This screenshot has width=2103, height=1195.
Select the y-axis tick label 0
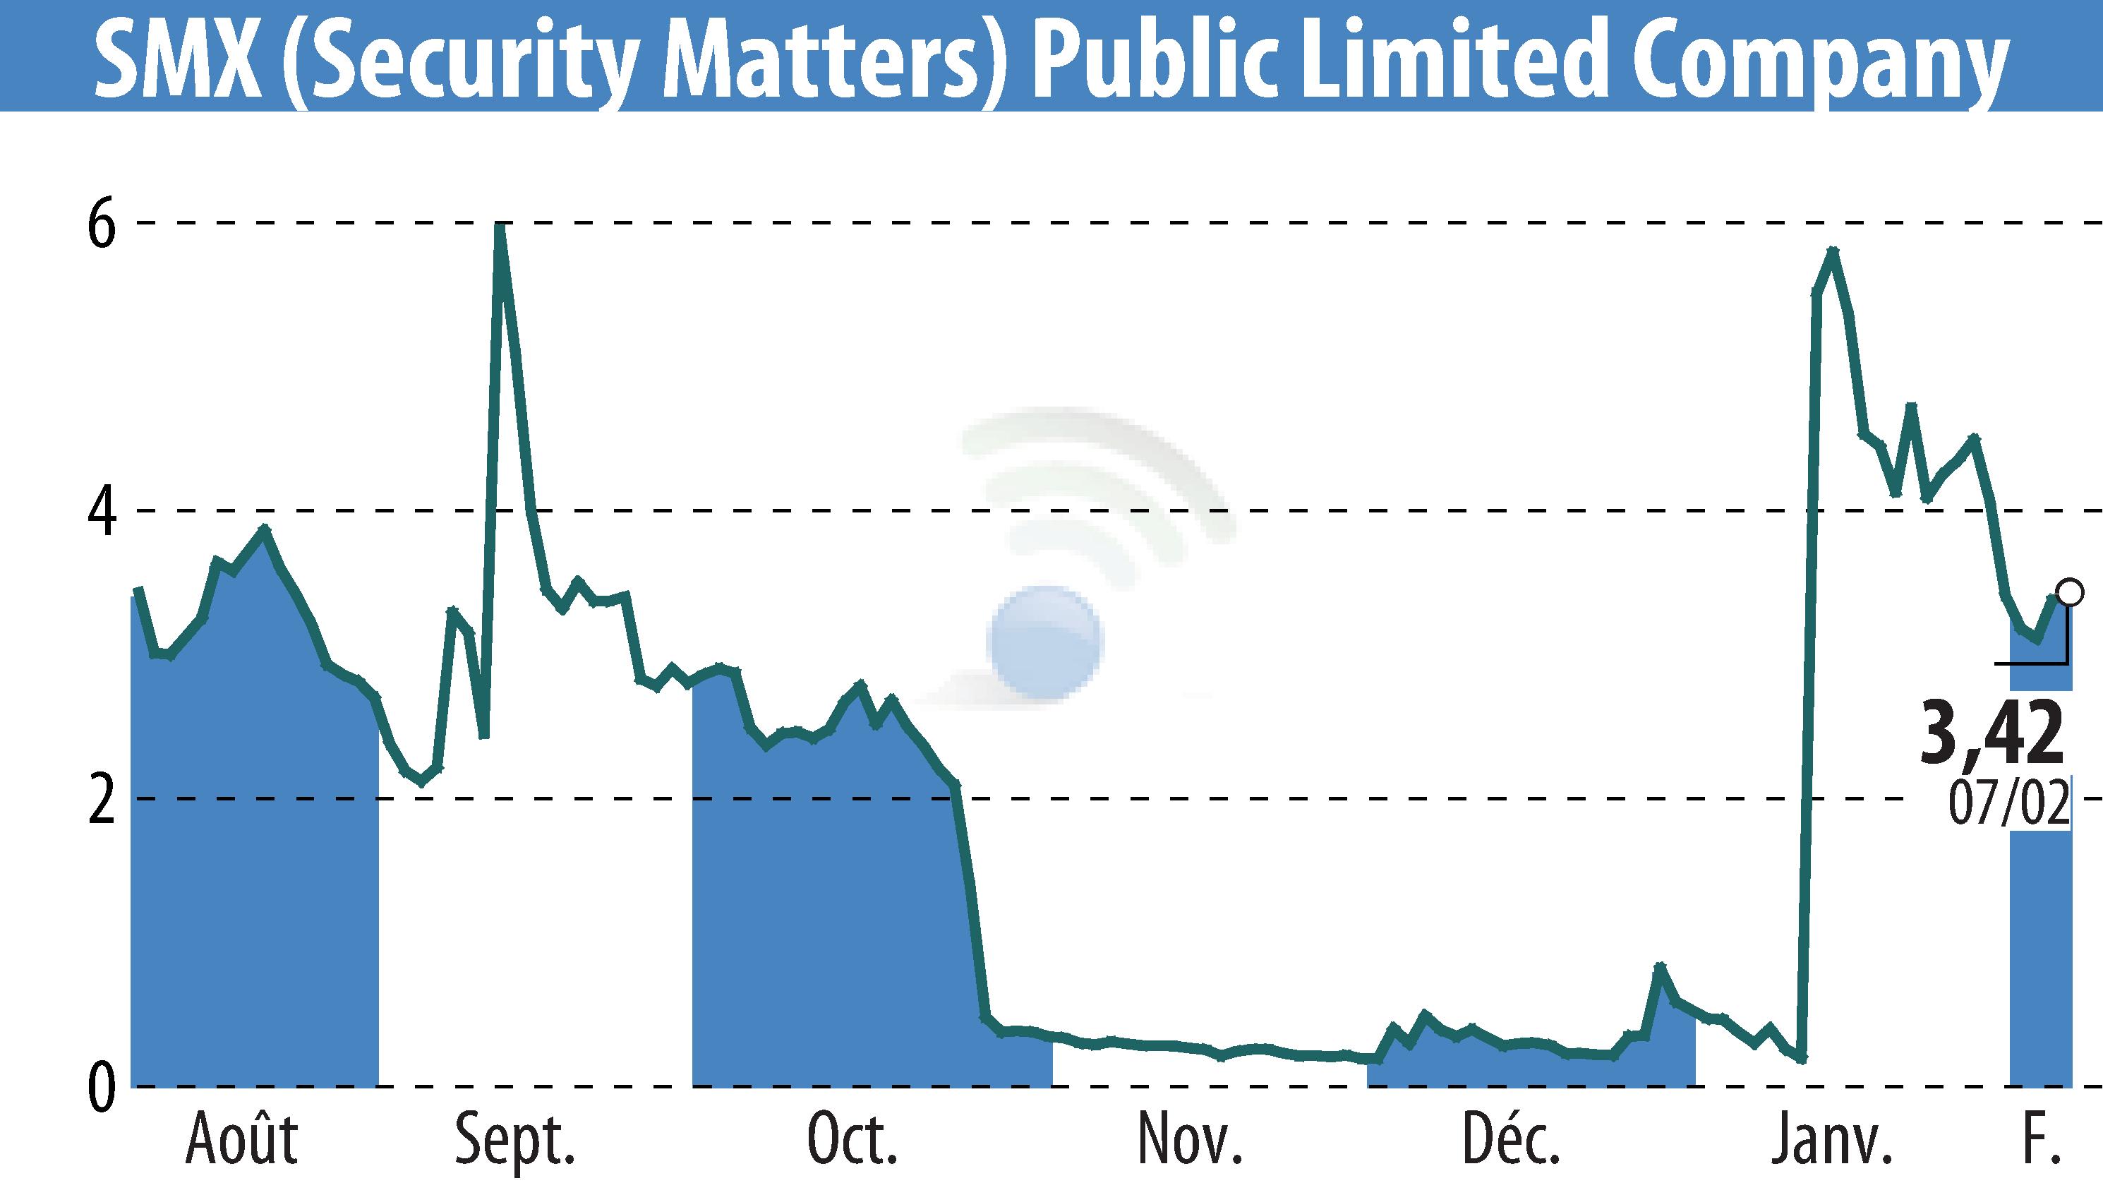pyautogui.click(x=102, y=1088)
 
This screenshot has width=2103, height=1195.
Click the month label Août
pyautogui.click(x=241, y=1140)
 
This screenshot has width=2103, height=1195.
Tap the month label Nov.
pyautogui.click(x=1190, y=1140)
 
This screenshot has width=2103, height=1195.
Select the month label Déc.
pyautogui.click(x=1511, y=1140)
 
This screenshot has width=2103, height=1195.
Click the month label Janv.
pyautogui.click(x=1831, y=1140)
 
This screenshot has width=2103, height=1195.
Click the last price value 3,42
pyautogui.click(x=1992, y=733)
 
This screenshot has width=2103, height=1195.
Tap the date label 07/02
pyautogui.click(x=2008, y=805)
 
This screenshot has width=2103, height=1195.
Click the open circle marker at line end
pyautogui.click(x=2069, y=591)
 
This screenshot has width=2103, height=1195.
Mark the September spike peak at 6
pyautogui.click(x=499, y=225)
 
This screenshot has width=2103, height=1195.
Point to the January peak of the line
pyautogui.click(x=1832, y=251)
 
